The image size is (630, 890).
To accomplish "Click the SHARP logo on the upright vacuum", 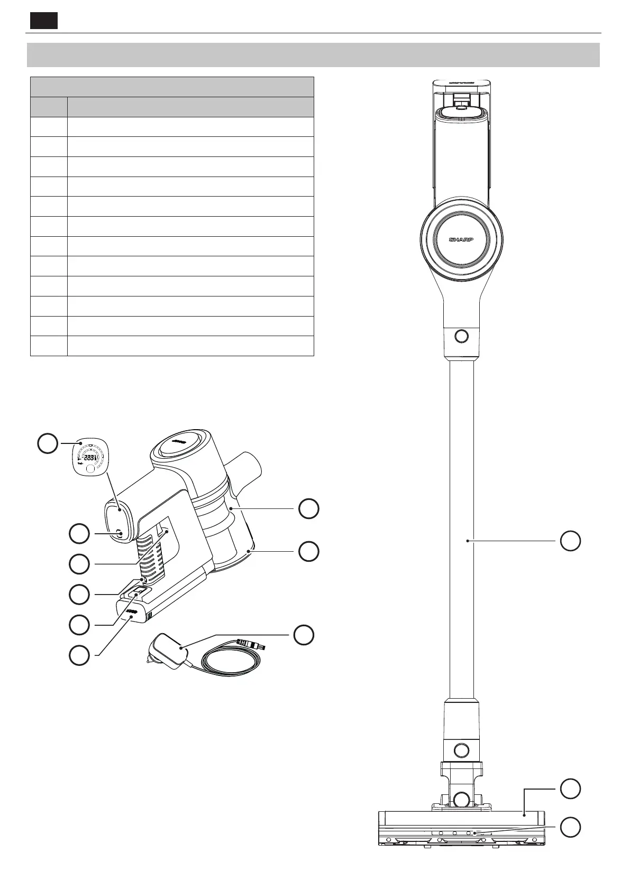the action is tap(461, 239).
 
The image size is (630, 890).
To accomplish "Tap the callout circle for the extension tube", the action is tap(570, 541).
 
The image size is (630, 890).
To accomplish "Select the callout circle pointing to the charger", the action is tap(304, 635).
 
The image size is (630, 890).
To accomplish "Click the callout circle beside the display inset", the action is tap(48, 443).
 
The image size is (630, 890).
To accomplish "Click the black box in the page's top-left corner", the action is tap(43, 21).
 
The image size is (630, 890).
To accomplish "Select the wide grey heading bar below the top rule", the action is tap(313, 55).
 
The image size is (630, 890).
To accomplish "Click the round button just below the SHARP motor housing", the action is tap(461, 336).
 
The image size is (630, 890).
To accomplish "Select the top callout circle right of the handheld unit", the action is tap(308, 508).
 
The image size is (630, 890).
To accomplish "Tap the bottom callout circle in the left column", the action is tap(79, 655).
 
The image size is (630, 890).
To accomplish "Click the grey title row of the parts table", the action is tap(172, 87).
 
